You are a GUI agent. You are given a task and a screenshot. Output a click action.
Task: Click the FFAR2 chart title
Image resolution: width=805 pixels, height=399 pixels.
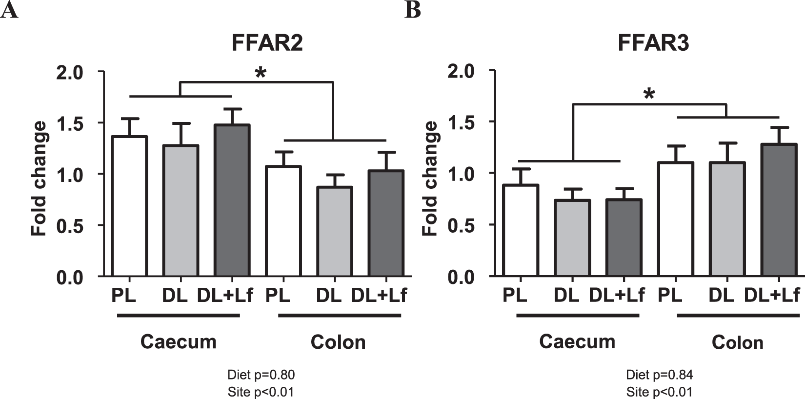coord(267,43)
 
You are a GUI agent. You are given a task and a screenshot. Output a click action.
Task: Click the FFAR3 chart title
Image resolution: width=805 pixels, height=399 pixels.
coord(653,43)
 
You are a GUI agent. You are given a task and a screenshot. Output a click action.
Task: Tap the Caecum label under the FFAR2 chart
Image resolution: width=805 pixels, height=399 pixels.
coord(178,342)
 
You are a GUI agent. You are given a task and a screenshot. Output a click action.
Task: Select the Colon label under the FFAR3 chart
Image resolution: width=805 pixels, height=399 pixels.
coord(737,342)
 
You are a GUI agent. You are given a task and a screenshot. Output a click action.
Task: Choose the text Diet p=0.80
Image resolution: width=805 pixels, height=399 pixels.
coord(261,375)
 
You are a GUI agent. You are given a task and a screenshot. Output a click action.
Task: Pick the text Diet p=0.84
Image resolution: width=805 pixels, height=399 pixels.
coord(660,375)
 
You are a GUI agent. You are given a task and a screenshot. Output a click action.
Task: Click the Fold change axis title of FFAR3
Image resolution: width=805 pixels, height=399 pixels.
coord(430,179)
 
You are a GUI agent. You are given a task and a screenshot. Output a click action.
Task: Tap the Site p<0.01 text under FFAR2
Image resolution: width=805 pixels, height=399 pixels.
coord(261,392)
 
